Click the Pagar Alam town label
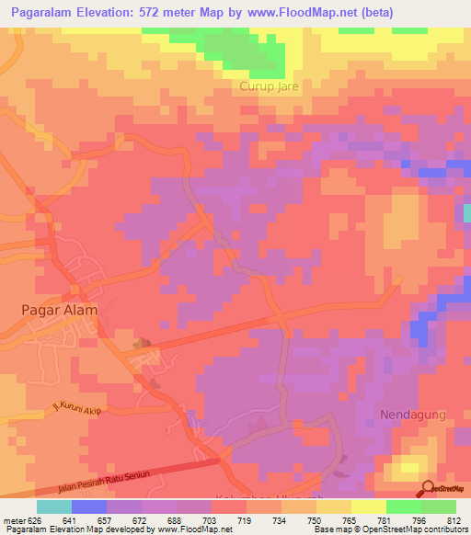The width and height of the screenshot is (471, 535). point(59,310)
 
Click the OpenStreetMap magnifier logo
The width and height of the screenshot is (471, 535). point(427,488)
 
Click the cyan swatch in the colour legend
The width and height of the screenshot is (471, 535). point(54,507)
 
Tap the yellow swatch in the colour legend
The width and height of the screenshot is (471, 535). point(369,507)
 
